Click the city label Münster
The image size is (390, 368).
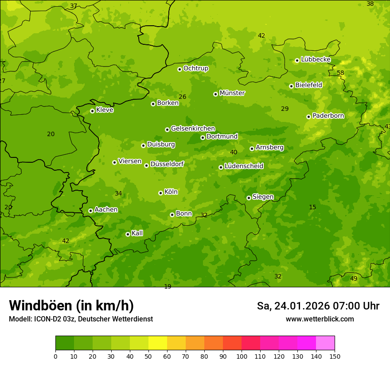232,93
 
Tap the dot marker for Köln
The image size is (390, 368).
160,193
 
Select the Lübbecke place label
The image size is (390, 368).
316,59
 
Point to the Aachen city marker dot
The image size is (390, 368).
90,211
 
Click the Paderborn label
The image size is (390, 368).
328,116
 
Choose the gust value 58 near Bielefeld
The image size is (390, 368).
340,73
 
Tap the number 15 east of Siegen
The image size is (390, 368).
312,207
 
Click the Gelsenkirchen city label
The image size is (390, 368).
193,129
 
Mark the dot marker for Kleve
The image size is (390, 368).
92,111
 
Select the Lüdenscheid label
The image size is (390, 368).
244,166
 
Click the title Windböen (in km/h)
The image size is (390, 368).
71,305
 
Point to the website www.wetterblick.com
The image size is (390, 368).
320,319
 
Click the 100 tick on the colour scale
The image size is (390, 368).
242,356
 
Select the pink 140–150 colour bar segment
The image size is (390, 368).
325,343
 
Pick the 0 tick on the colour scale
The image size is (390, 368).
55,356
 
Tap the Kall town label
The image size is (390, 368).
137,233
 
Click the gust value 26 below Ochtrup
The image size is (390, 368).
182,97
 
